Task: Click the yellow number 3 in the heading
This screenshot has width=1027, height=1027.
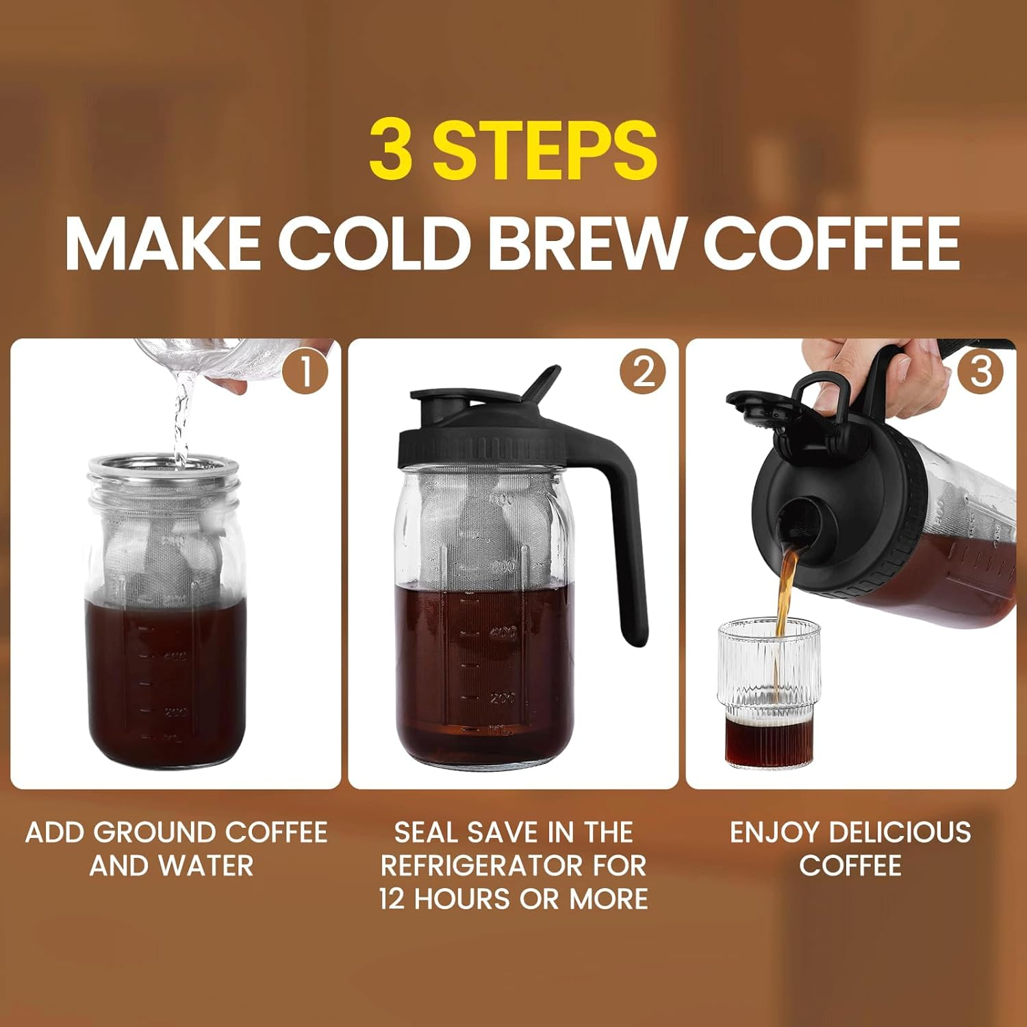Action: click(392, 149)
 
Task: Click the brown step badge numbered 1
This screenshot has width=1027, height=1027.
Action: click(305, 372)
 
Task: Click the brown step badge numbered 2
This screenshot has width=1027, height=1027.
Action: click(643, 372)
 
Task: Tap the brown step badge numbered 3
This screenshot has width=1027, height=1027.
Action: click(981, 372)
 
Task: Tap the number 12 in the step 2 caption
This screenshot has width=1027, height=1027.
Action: click(393, 899)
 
